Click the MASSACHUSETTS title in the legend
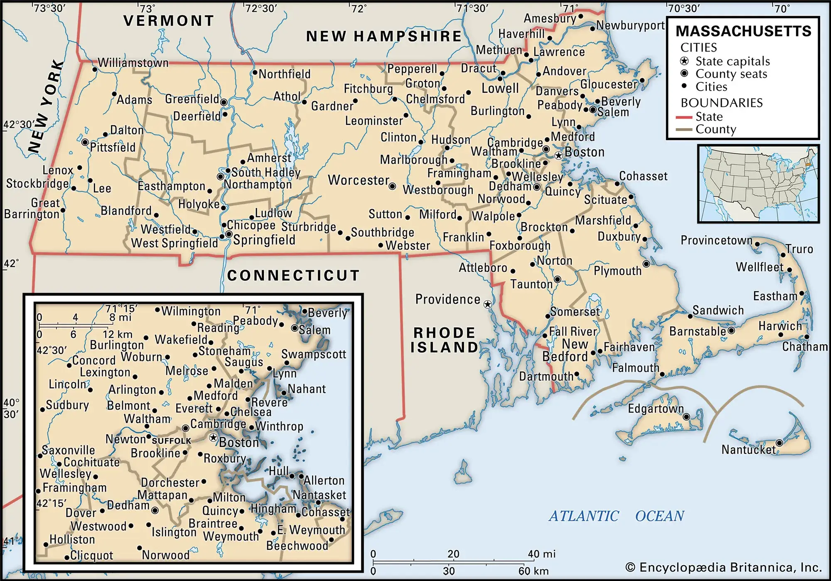pos(743,31)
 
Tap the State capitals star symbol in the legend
pos(684,61)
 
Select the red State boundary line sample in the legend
pos(683,117)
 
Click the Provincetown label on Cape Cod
pos(716,240)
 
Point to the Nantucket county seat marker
pos(779,443)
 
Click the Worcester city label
pos(358,180)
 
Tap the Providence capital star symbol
pos(488,304)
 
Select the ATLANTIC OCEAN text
pos(616,516)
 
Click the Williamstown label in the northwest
pos(133,63)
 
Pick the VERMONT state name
pos(169,21)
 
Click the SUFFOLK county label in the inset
pos(171,441)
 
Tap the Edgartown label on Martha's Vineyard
pos(655,409)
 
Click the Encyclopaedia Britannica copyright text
pos(723,568)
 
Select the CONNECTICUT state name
pos(293,275)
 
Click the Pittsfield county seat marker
pos(85,142)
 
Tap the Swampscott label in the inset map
pos(313,354)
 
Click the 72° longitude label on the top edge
pos(359,8)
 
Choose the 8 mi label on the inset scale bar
pos(120,318)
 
